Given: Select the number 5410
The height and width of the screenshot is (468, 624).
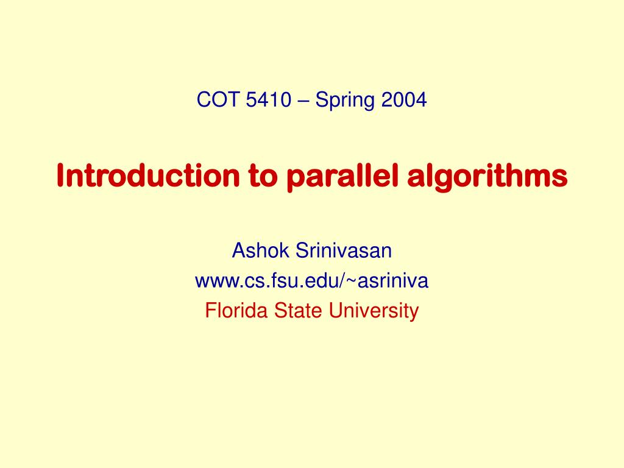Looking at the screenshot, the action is tap(268, 99).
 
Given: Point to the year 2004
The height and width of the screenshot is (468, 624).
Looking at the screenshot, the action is tap(404, 99).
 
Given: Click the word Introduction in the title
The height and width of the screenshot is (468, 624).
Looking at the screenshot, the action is tap(148, 175).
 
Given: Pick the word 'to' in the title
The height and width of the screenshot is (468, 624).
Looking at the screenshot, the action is tap(263, 176).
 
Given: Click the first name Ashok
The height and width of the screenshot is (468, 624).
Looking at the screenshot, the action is tap(260, 250).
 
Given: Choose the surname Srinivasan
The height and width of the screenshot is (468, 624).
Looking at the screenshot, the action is tap(344, 250).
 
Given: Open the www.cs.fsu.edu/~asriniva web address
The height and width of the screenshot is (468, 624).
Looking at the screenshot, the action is tap(311, 280).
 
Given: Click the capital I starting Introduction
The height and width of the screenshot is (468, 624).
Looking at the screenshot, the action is tap(61, 175).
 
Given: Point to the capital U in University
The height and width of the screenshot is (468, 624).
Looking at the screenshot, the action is tap(335, 311).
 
